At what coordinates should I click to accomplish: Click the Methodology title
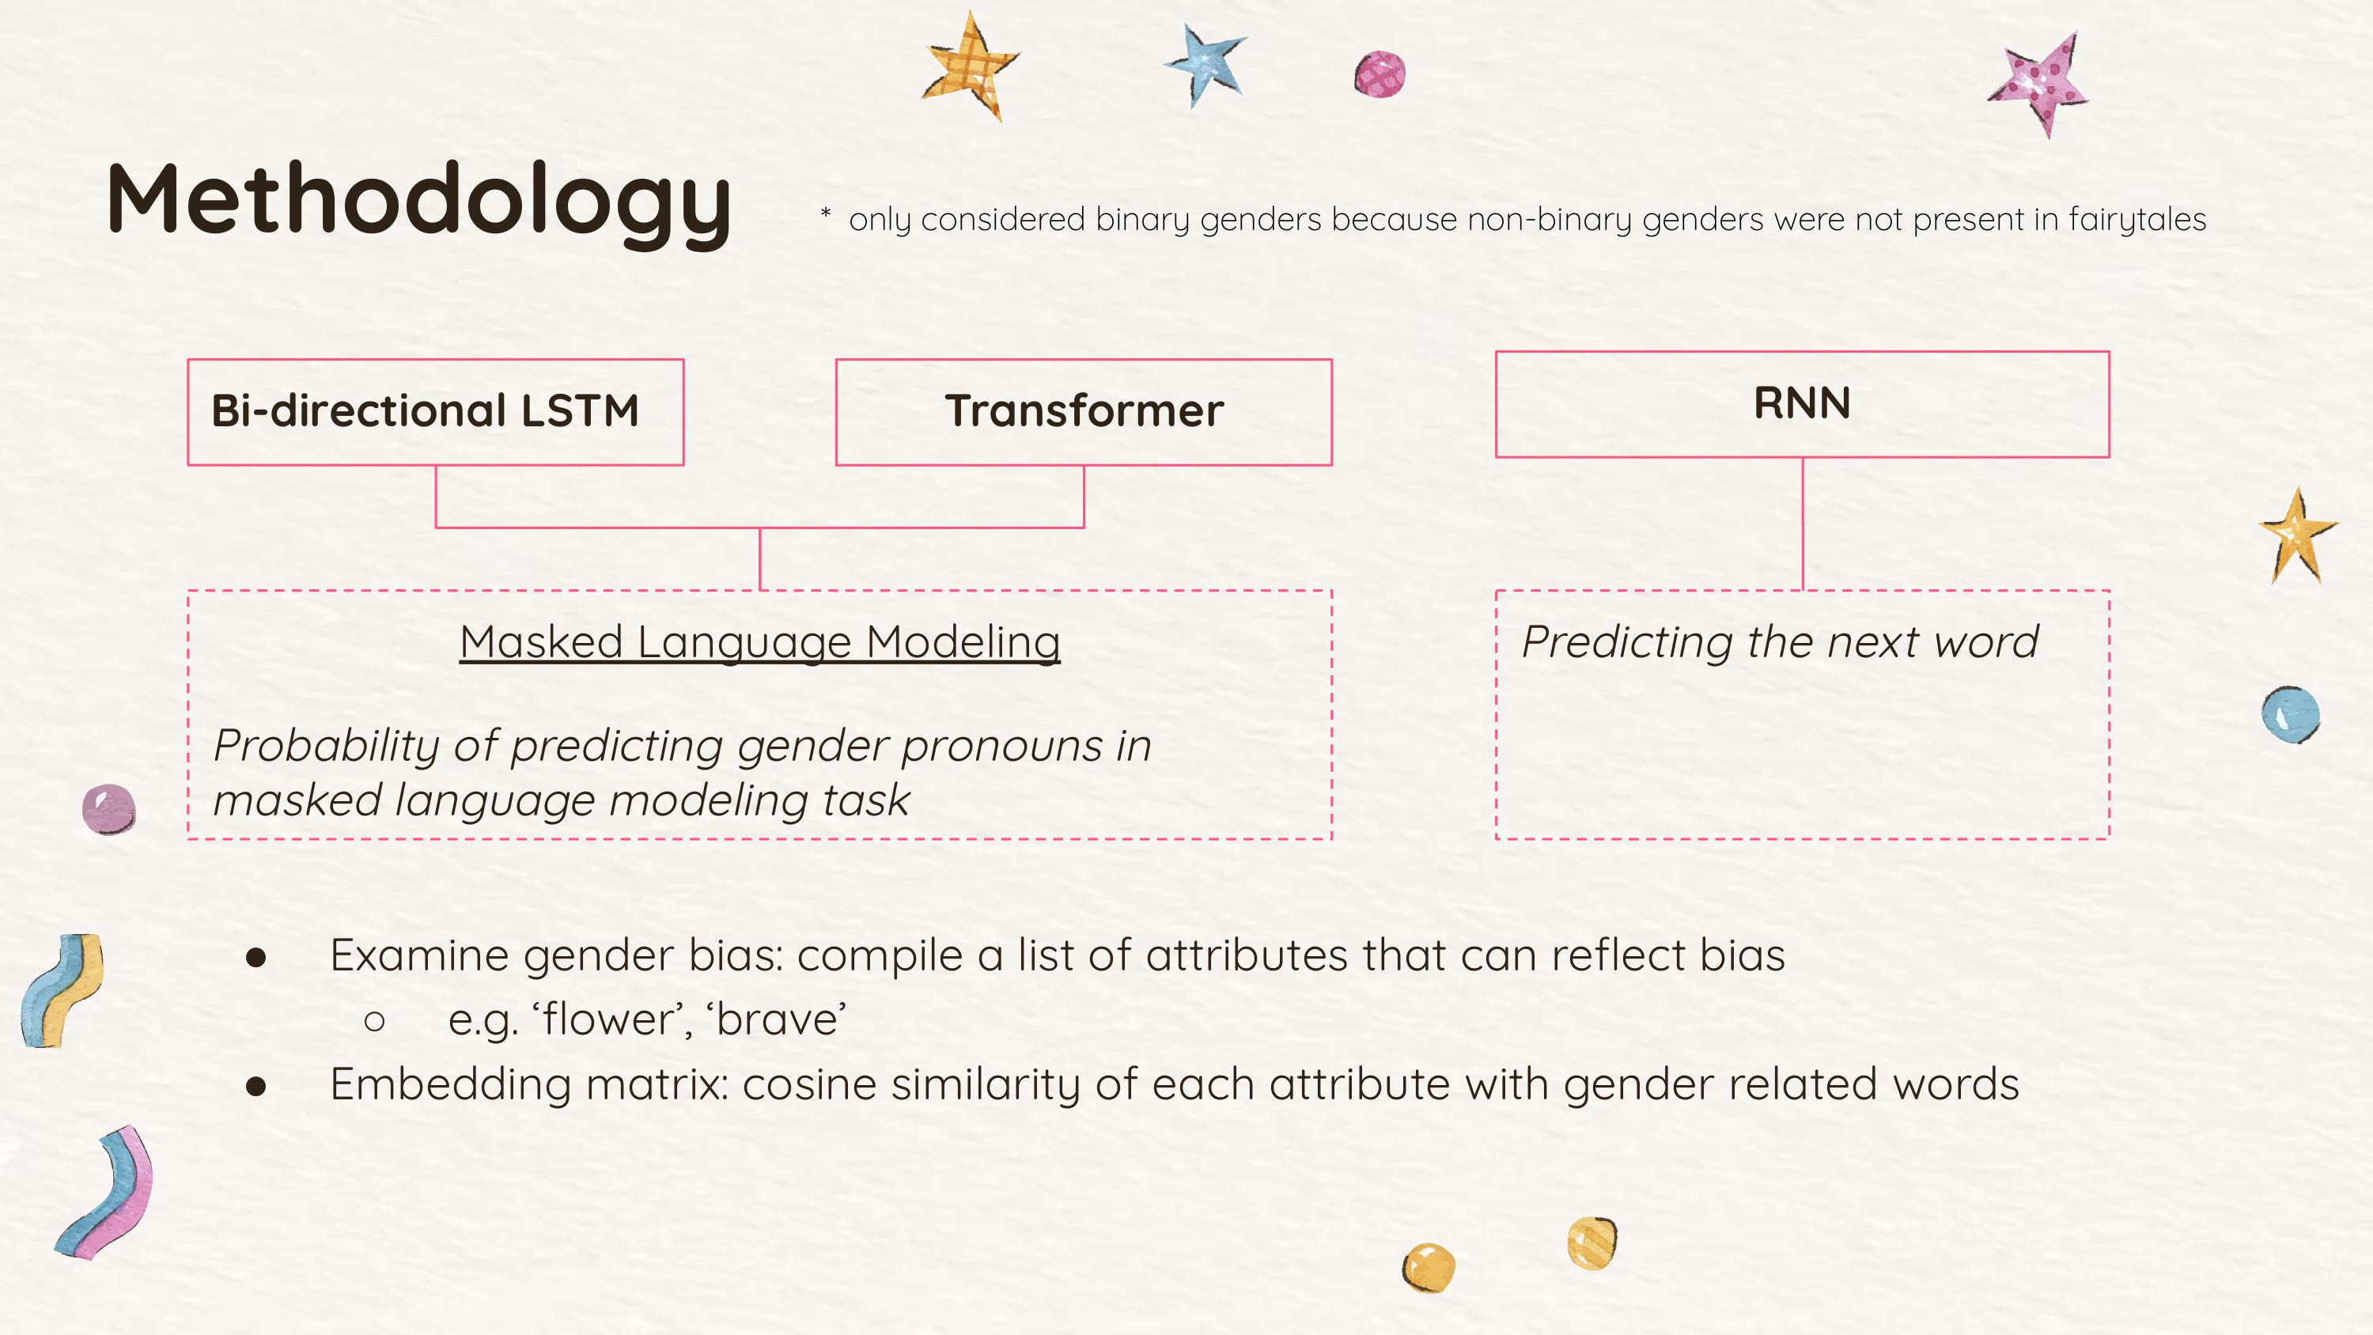tap(419, 201)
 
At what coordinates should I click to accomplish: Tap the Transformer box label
tap(1084, 411)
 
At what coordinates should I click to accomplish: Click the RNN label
tap(1801, 403)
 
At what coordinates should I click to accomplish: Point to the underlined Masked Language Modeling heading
tap(759, 641)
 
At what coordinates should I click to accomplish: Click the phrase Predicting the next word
tap(1779, 641)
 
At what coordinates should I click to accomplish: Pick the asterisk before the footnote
tap(825, 214)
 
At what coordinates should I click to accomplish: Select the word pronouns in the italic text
tap(1001, 745)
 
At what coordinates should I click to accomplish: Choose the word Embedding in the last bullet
tap(450, 1084)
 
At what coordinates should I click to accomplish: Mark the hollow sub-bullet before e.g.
tap(374, 1021)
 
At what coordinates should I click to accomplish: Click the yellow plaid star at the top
tap(969, 65)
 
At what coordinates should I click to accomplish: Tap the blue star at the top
tap(1207, 62)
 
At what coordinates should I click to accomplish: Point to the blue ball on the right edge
tap(2290, 714)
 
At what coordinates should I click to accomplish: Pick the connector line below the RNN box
tap(1802, 524)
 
